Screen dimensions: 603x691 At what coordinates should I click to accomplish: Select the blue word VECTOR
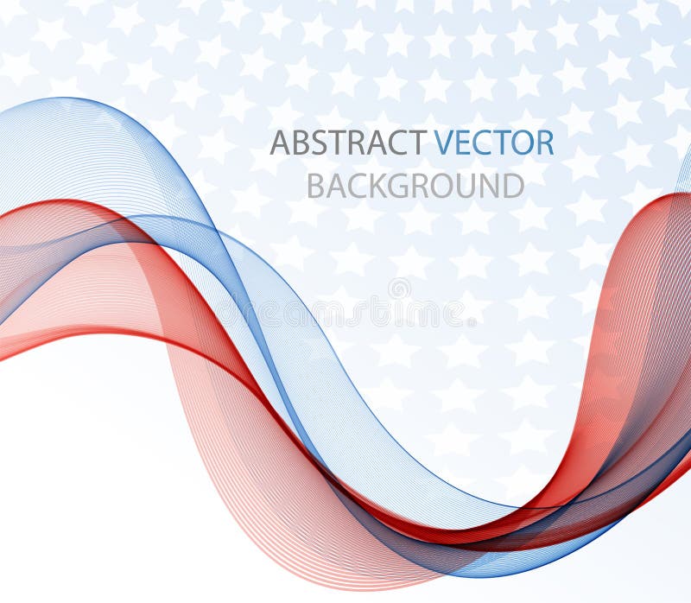(493, 143)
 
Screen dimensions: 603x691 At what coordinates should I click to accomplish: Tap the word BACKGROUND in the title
(415, 186)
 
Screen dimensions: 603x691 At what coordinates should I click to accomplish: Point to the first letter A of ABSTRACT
(280, 143)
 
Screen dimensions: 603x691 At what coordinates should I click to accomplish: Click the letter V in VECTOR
(444, 143)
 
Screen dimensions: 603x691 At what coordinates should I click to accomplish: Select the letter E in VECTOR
(463, 143)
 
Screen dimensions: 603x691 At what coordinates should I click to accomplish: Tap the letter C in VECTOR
(481, 143)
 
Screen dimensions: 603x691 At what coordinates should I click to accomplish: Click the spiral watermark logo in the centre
(399, 289)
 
